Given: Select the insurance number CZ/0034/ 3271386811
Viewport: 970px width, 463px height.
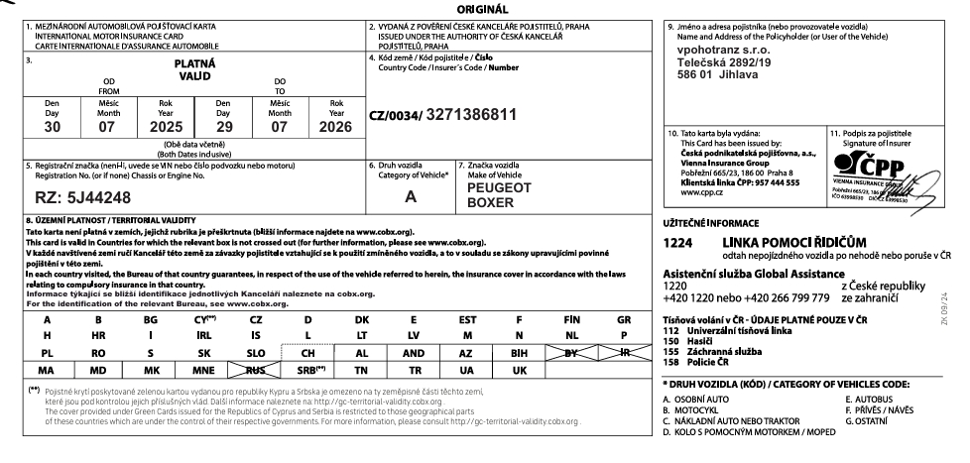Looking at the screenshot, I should click(442, 114).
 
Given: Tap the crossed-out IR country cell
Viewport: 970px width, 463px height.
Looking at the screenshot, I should click(623, 351).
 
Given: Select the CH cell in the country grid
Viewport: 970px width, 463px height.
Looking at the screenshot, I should click(307, 351).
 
